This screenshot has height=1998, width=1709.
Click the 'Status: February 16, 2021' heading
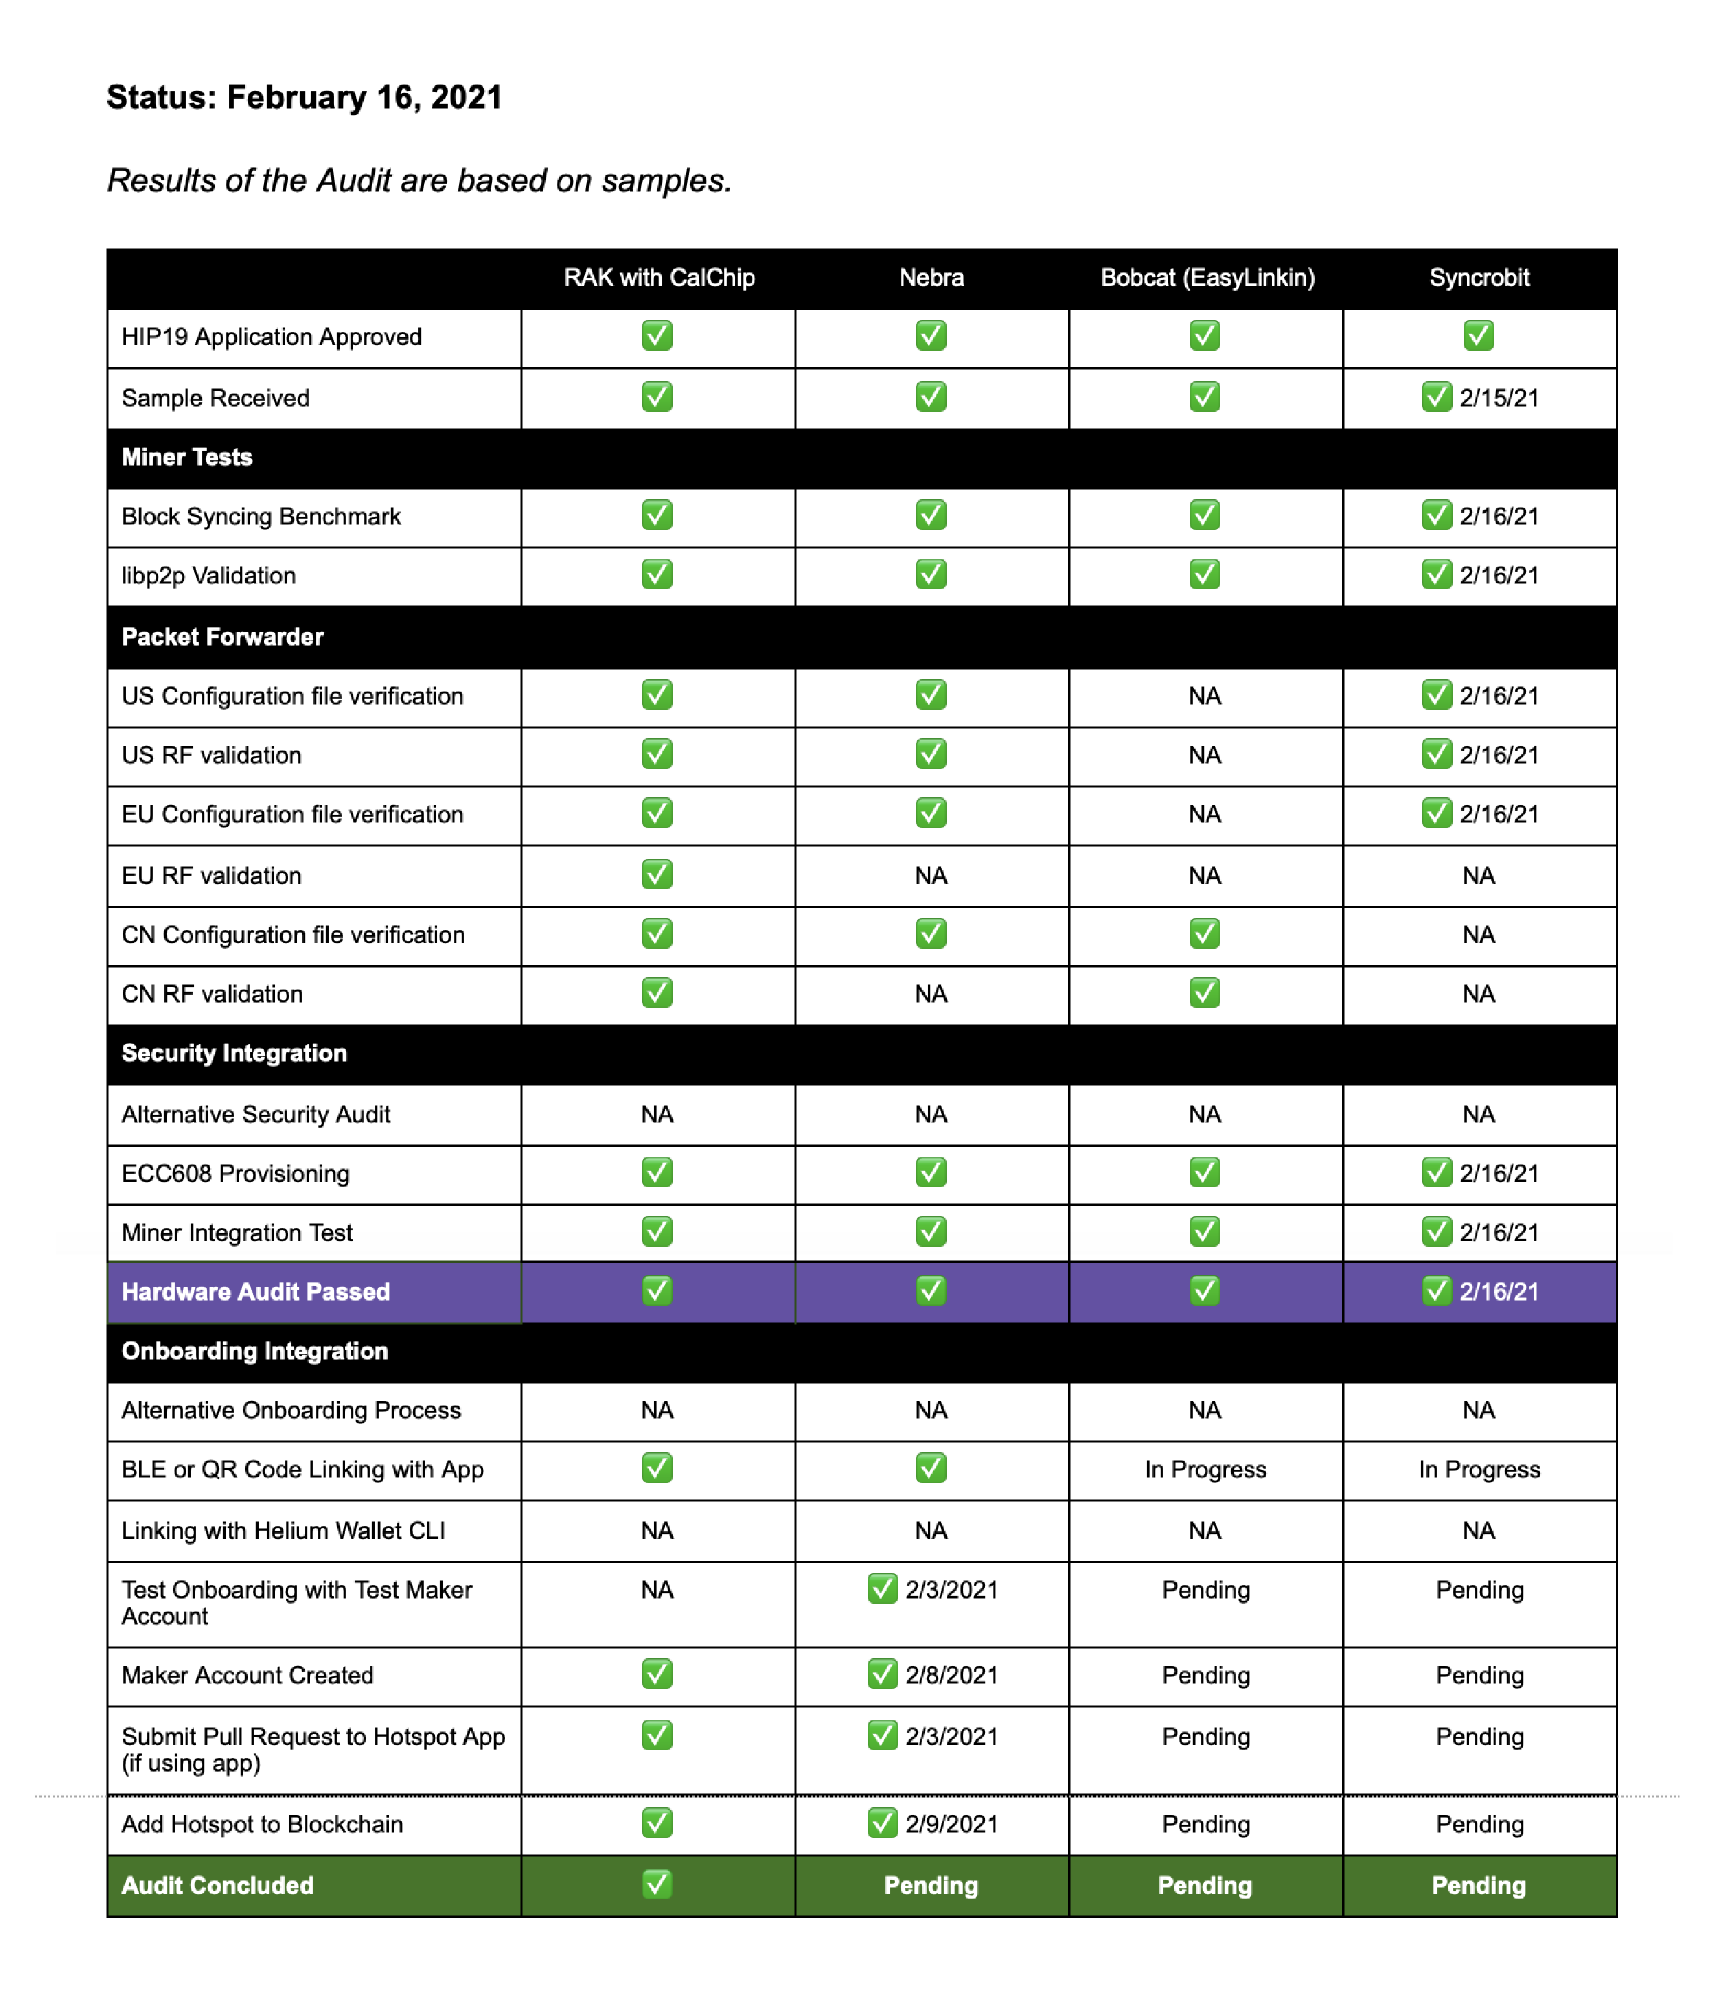pyautogui.click(x=304, y=97)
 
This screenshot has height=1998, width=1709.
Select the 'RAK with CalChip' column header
pyautogui.click(x=659, y=277)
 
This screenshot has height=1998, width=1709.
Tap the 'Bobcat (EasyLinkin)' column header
pyautogui.click(x=1207, y=277)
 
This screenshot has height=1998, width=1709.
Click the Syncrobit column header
pyautogui.click(x=1478, y=277)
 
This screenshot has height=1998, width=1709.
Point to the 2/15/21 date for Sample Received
pyautogui.click(x=1499, y=398)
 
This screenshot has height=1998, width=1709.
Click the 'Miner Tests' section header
pyautogui.click(x=187, y=457)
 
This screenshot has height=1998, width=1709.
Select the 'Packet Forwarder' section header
pyautogui.click(x=223, y=637)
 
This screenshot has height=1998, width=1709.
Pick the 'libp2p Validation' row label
pyautogui.click(x=208, y=575)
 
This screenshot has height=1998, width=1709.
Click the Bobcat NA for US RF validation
pyautogui.click(x=1204, y=755)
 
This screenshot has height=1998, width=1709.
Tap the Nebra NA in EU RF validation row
pyautogui.click(x=930, y=876)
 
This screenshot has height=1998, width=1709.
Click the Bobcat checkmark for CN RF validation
pyautogui.click(x=1204, y=993)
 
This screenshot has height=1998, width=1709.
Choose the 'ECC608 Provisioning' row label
pyautogui.click(x=235, y=1174)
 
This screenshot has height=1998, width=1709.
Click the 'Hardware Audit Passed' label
pyautogui.click(x=256, y=1292)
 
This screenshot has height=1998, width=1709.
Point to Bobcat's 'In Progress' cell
pyautogui.click(x=1206, y=1469)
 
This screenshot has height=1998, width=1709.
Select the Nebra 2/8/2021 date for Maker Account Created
pyautogui.click(x=951, y=1675)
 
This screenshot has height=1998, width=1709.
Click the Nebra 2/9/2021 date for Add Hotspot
pyautogui.click(x=951, y=1824)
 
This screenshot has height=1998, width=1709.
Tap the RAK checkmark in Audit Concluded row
pyautogui.click(x=657, y=1884)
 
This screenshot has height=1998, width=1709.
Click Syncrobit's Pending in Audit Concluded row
pyautogui.click(x=1478, y=1886)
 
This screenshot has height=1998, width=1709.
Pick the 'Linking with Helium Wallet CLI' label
pyautogui.click(x=283, y=1531)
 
